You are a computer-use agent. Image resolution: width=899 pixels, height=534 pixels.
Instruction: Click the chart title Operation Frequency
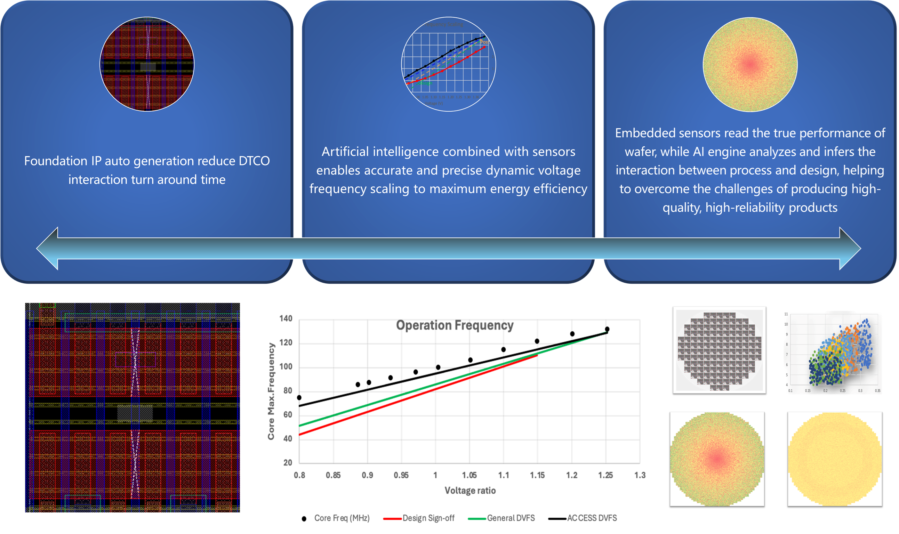click(x=455, y=325)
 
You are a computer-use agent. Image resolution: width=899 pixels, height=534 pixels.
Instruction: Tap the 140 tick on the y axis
click(x=286, y=318)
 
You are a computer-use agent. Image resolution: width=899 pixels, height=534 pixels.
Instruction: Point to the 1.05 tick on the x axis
click(x=469, y=475)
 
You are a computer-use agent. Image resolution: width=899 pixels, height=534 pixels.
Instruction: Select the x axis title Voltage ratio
click(x=470, y=491)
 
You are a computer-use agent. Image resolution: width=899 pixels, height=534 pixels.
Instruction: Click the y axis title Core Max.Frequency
click(x=271, y=391)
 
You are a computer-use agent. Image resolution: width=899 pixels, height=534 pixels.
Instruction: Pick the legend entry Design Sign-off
click(x=428, y=518)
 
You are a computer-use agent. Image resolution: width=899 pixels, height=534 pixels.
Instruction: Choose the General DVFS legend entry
click(x=511, y=518)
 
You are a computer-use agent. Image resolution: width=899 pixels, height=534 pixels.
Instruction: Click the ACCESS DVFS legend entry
click(x=592, y=518)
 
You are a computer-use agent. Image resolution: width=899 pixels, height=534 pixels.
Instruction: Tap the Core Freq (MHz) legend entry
click(x=342, y=518)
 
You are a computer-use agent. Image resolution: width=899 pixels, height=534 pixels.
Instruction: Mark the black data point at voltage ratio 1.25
click(x=607, y=329)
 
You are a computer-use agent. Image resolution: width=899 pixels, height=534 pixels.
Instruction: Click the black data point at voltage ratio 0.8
click(x=299, y=398)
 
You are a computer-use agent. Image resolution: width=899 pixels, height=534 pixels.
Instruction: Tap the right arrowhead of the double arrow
click(x=850, y=248)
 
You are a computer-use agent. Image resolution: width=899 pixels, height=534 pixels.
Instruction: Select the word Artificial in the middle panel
click(x=345, y=152)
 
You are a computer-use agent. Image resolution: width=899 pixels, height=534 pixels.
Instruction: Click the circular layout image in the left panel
click(x=147, y=64)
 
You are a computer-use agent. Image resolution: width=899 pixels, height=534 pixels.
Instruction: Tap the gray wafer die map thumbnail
click(x=719, y=350)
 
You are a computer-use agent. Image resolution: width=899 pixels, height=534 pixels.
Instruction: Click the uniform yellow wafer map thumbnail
click(x=835, y=459)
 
